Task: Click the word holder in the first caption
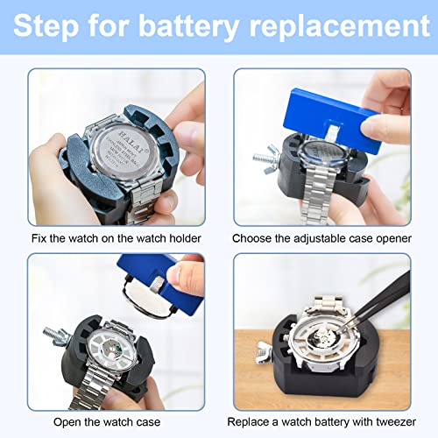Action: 183,238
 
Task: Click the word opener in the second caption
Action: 402,238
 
